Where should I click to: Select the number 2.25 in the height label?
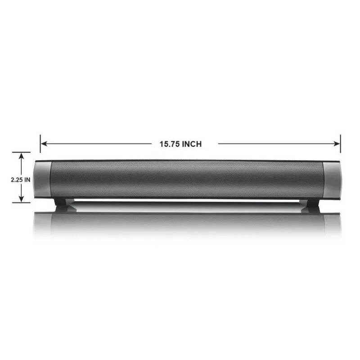[16, 179]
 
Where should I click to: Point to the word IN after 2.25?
[27, 179]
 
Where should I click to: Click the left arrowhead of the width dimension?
[44, 144]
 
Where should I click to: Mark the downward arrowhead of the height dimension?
[21, 199]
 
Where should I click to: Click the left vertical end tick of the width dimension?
[40, 143]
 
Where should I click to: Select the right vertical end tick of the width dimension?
[341, 143]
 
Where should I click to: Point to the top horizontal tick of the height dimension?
[21, 152]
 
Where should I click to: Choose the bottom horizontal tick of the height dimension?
[21, 202]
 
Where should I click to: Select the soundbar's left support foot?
[63, 203]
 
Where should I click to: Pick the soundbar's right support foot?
[311, 203]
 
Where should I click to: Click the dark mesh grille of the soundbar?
[187, 179]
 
